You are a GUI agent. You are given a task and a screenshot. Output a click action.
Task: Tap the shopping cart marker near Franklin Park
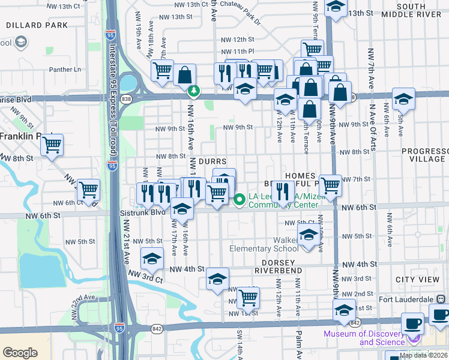coord(52,145)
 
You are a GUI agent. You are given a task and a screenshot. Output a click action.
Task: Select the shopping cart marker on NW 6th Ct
coord(89,190)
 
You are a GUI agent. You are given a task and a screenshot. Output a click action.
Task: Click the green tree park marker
coord(193,91)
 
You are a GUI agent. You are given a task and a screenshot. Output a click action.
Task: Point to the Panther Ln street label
coord(65,70)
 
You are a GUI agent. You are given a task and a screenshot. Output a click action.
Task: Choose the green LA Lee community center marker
coord(240,199)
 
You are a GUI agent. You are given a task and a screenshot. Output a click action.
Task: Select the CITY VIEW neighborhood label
coord(417,280)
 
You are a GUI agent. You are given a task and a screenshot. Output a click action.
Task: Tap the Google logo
coord(20,353)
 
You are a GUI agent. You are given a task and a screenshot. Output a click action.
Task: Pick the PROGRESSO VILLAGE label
coord(423,155)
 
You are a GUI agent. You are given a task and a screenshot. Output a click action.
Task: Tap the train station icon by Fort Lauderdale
coord(440,298)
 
